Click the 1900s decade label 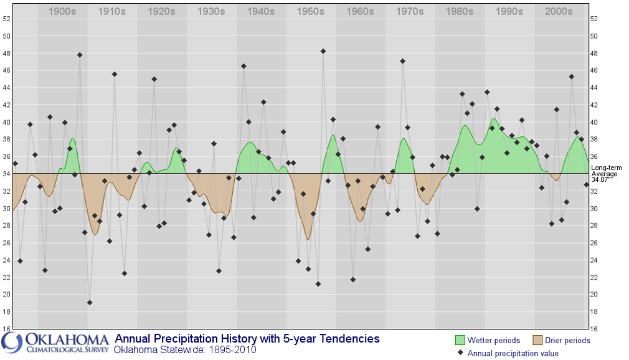click(62, 12)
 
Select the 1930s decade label click(211, 12)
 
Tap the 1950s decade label click(311, 12)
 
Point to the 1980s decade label click(460, 12)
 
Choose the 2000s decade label click(559, 12)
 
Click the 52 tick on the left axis click(6, 19)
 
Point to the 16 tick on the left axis click(6, 329)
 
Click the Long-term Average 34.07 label click(604, 174)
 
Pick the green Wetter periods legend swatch click(460, 340)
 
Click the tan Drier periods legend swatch click(537, 340)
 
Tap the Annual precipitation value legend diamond click(460, 353)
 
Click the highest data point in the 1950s click(323, 51)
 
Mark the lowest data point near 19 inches click(90, 303)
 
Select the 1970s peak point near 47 click(402, 61)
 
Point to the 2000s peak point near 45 click(571, 77)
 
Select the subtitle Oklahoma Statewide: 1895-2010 click(184, 350)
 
